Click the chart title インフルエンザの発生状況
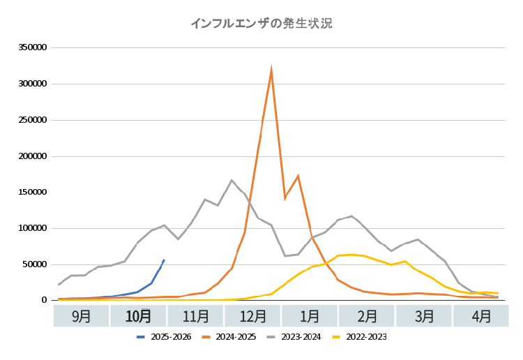[x=261, y=23]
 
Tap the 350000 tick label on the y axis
[x=32, y=48]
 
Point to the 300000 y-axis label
[x=32, y=84]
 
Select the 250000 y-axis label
[x=32, y=120]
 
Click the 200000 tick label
[x=32, y=156]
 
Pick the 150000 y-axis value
[x=32, y=192]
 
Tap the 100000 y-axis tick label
[x=32, y=228]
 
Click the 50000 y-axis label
[x=34, y=264]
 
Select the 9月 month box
[x=82, y=316]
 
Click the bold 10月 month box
[x=139, y=316]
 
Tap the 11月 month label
[x=196, y=316]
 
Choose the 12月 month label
[x=253, y=316]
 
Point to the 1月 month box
[x=310, y=316]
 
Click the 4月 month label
[x=481, y=316]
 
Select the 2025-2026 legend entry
[x=165, y=337]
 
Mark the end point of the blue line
[x=164, y=260]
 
